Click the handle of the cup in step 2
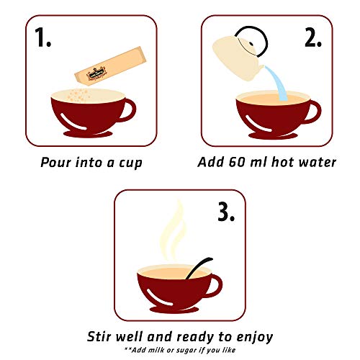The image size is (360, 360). click(313, 109)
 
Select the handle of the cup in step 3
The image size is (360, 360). click(222, 282)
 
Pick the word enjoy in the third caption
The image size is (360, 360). click(255, 336)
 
